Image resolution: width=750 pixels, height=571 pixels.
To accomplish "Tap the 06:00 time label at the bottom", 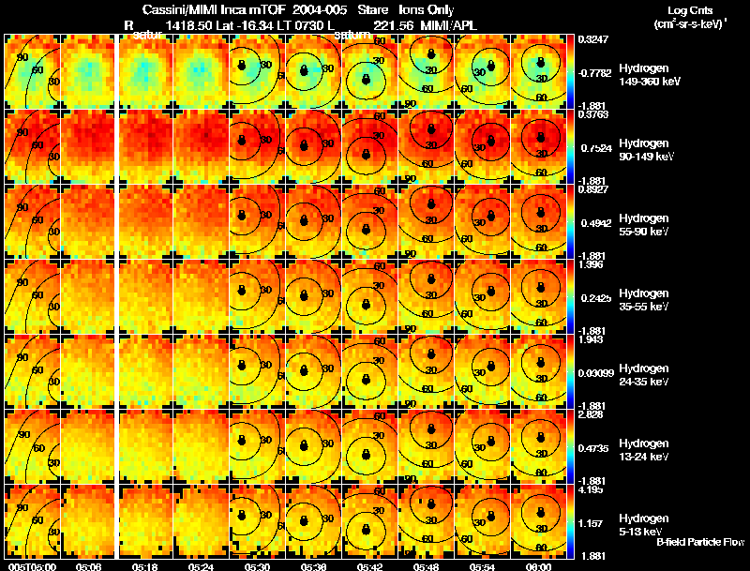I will tap(538, 566).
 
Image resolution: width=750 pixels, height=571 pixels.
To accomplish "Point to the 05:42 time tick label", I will tap(370, 566).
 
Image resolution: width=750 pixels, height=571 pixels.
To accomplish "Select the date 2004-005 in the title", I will tap(319, 8).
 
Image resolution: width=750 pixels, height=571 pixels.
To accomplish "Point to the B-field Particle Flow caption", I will tap(700, 542).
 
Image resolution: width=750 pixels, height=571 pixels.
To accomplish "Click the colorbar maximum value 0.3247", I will tap(593, 39).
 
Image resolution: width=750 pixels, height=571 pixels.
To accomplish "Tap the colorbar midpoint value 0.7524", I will tap(593, 147).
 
